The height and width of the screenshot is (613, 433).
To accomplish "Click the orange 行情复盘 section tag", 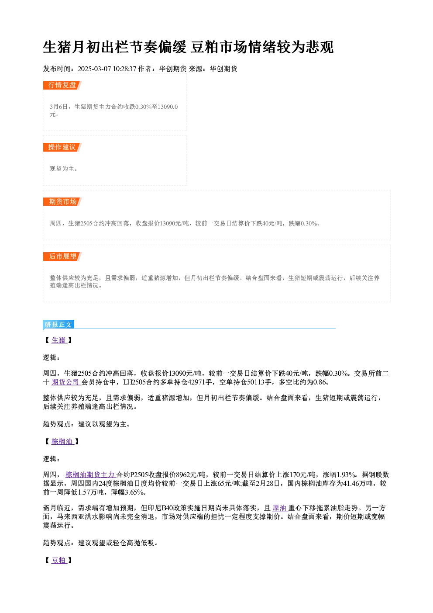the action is tap(62, 85).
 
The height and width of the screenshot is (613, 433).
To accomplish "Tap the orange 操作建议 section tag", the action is tap(62, 147).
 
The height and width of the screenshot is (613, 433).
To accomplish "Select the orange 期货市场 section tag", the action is tap(62, 202).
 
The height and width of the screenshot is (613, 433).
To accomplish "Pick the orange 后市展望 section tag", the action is tap(62, 256).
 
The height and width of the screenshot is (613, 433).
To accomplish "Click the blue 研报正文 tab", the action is tap(58, 325).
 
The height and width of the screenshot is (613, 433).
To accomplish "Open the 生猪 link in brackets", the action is tap(59, 340).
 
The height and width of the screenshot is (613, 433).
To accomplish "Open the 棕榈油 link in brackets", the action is tap(62, 441).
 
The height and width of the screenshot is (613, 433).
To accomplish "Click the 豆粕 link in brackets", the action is tap(59, 560).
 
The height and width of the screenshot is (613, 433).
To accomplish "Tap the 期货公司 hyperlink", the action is tap(65, 382).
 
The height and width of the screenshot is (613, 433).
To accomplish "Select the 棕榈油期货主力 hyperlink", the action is tap(90, 474).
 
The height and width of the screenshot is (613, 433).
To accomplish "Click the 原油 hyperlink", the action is tap(280, 508).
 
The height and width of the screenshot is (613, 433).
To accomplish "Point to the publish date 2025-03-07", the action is tap(94, 69).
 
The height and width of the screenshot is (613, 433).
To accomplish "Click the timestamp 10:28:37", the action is tap(124, 69).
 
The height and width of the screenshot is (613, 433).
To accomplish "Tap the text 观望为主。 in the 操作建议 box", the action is tap(64, 169).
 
